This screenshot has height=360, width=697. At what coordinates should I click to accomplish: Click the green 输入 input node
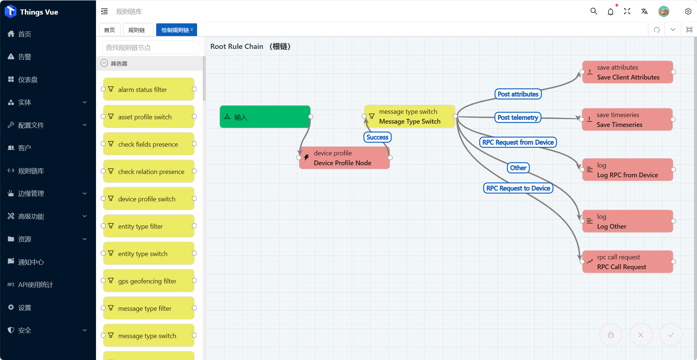coord(265,117)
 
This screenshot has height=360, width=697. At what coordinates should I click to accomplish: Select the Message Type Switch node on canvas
coord(409,116)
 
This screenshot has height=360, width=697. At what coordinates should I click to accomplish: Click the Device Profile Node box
coord(344,158)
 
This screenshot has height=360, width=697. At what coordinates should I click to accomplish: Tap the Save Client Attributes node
coord(627,72)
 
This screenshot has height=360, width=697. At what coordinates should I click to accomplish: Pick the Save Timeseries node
coord(627,120)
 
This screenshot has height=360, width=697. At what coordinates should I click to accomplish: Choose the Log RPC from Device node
coord(627,170)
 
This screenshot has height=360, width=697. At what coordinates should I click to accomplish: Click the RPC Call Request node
coord(627,262)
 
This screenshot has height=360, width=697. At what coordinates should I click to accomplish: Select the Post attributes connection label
coord(518,94)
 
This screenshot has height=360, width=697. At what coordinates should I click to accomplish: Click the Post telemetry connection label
coord(517,117)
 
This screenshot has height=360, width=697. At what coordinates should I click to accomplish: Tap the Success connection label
coord(377,137)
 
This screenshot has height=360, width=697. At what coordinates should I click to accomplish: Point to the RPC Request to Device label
coord(518,188)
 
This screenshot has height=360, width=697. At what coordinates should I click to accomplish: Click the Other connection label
coord(518,168)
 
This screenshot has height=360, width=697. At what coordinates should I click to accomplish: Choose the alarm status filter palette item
coord(149,89)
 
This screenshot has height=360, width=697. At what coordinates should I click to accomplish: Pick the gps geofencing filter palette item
coord(149,281)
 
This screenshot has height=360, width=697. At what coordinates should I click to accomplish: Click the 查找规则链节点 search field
coord(151,47)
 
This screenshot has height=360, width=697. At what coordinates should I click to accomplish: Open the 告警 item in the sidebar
coord(25,57)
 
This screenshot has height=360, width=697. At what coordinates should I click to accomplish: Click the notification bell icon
coord(611,12)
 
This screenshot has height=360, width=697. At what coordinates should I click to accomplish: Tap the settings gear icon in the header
coord(688,12)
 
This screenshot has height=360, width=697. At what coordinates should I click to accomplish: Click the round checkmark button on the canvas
coord(671,334)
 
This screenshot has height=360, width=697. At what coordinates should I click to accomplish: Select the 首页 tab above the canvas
coord(109,30)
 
